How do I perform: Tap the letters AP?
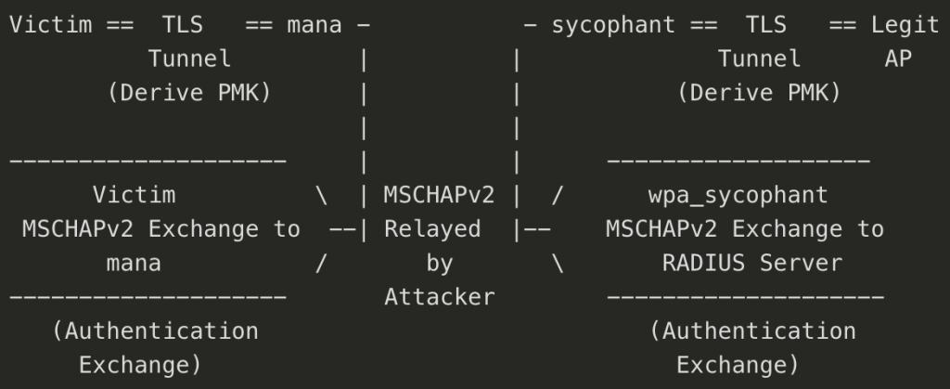898,59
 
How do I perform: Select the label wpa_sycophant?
738,195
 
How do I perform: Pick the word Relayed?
432,228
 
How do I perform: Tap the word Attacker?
439,297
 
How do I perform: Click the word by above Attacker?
439,263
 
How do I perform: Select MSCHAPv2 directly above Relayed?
439,195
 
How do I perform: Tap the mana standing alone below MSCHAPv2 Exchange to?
134,263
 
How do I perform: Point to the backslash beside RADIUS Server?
558,263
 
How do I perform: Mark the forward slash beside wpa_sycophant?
558,195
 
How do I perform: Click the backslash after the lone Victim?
321,195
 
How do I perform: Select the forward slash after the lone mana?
321,263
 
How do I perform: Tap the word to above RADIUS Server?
870,228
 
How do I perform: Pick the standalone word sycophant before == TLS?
613,25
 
